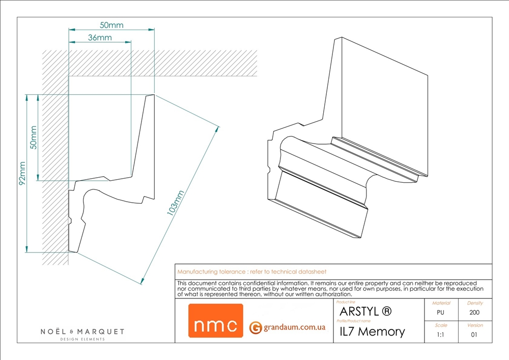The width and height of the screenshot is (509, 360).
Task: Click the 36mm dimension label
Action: pos(100,38)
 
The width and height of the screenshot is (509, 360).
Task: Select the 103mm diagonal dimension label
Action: pos(175,203)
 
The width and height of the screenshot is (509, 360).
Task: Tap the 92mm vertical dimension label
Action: pos(22,173)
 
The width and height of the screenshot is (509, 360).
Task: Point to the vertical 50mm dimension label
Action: pos(34,137)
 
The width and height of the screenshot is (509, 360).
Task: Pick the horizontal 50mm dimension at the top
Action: pos(111,25)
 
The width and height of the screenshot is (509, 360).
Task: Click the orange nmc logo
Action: pos(215,321)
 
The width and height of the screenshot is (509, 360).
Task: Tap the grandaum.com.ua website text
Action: pos(294,327)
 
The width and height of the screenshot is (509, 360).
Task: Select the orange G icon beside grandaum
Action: pos(256,327)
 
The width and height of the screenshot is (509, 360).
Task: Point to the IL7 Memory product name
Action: pos(373,332)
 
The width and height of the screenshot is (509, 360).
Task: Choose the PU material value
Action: pos(440,313)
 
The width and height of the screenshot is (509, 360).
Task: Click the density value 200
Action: pos(474,313)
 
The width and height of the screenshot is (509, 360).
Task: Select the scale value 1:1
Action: pos(440,335)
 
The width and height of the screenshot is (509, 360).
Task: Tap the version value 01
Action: pos(474,335)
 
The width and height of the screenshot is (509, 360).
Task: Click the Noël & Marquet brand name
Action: pos(82,332)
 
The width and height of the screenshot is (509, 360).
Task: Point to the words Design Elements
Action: pos(82,339)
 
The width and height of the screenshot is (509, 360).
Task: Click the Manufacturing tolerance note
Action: pos(251,272)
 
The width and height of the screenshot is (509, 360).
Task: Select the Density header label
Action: pos(475,303)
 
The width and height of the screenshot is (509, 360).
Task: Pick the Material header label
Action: pos(441,303)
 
